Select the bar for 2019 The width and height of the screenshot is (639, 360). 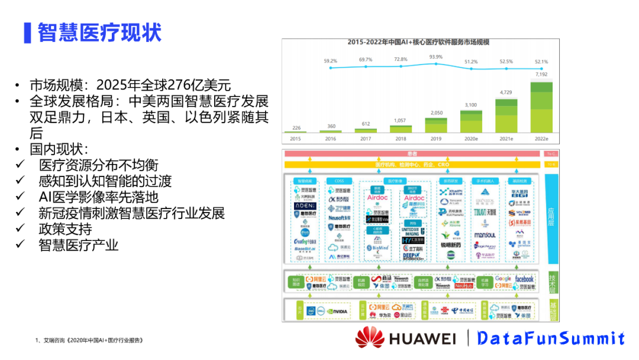click(436, 125)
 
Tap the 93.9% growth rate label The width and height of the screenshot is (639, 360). click(436, 57)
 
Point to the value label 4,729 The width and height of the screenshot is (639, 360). click(506, 92)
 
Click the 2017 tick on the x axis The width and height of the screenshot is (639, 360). click(365, 139)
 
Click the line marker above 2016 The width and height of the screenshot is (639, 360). click(330, 68)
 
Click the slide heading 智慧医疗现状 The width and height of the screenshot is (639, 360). click(99, 32)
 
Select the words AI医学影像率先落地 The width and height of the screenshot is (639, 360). click(99, 197)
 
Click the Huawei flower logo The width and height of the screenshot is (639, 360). click(370, 337)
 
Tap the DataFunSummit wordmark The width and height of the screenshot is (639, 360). click(551, 338)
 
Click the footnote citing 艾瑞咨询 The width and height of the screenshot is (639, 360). click(89, 340)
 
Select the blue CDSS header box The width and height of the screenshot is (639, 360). click(339, 181)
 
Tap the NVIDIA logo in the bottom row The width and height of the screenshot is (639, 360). click(336, 311)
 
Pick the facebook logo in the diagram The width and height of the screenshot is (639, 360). click(524, 279)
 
